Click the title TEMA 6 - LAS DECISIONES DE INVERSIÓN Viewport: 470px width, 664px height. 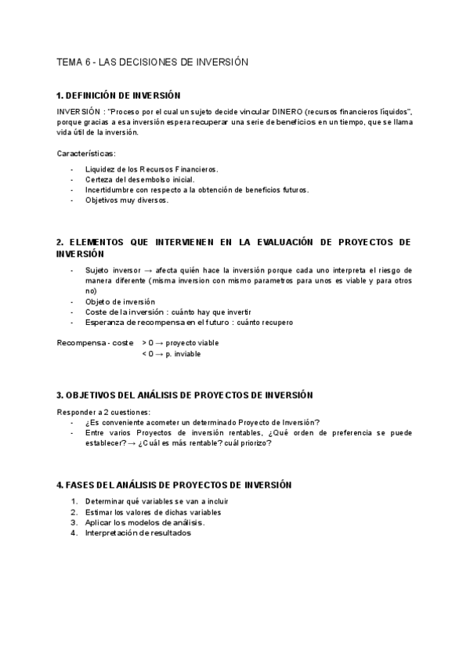[153, 61]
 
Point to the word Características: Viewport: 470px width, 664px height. [86, 153]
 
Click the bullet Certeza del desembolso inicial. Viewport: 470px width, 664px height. [135, 179]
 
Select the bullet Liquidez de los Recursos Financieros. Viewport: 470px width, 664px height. [152, 169]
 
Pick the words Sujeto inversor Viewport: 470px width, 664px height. [114, 269]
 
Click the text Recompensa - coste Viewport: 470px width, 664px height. [96, 343]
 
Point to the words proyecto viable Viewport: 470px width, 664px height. [192, 343]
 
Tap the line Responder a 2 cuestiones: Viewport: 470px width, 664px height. [103, 412]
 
